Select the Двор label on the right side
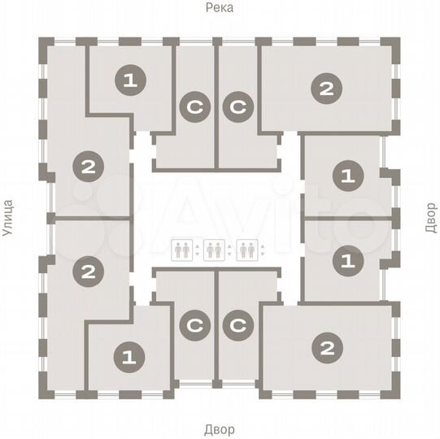(x=430, y=218)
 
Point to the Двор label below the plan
(x=220, y=429)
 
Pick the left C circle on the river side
(x=195, y=106)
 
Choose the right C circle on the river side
(x=238, y=106)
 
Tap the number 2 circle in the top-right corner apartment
(x=326, y=89)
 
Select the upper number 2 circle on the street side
(x=88, y=168)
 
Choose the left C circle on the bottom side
(x=195, y=325)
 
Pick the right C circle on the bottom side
(x=238, y=325)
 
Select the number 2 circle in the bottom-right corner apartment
(x=327, y=349)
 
